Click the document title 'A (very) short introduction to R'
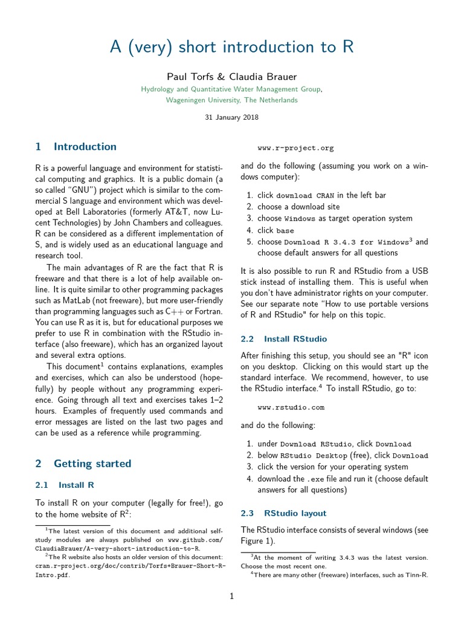point(232,48)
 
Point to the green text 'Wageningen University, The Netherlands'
point(232,100)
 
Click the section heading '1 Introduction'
point(76,147)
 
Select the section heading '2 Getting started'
point(83,464)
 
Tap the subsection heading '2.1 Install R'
point(65,485)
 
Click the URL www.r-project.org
point(295,148)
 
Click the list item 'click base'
point(275,230)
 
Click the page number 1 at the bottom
point(231,596)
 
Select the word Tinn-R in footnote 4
point(416,575)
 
